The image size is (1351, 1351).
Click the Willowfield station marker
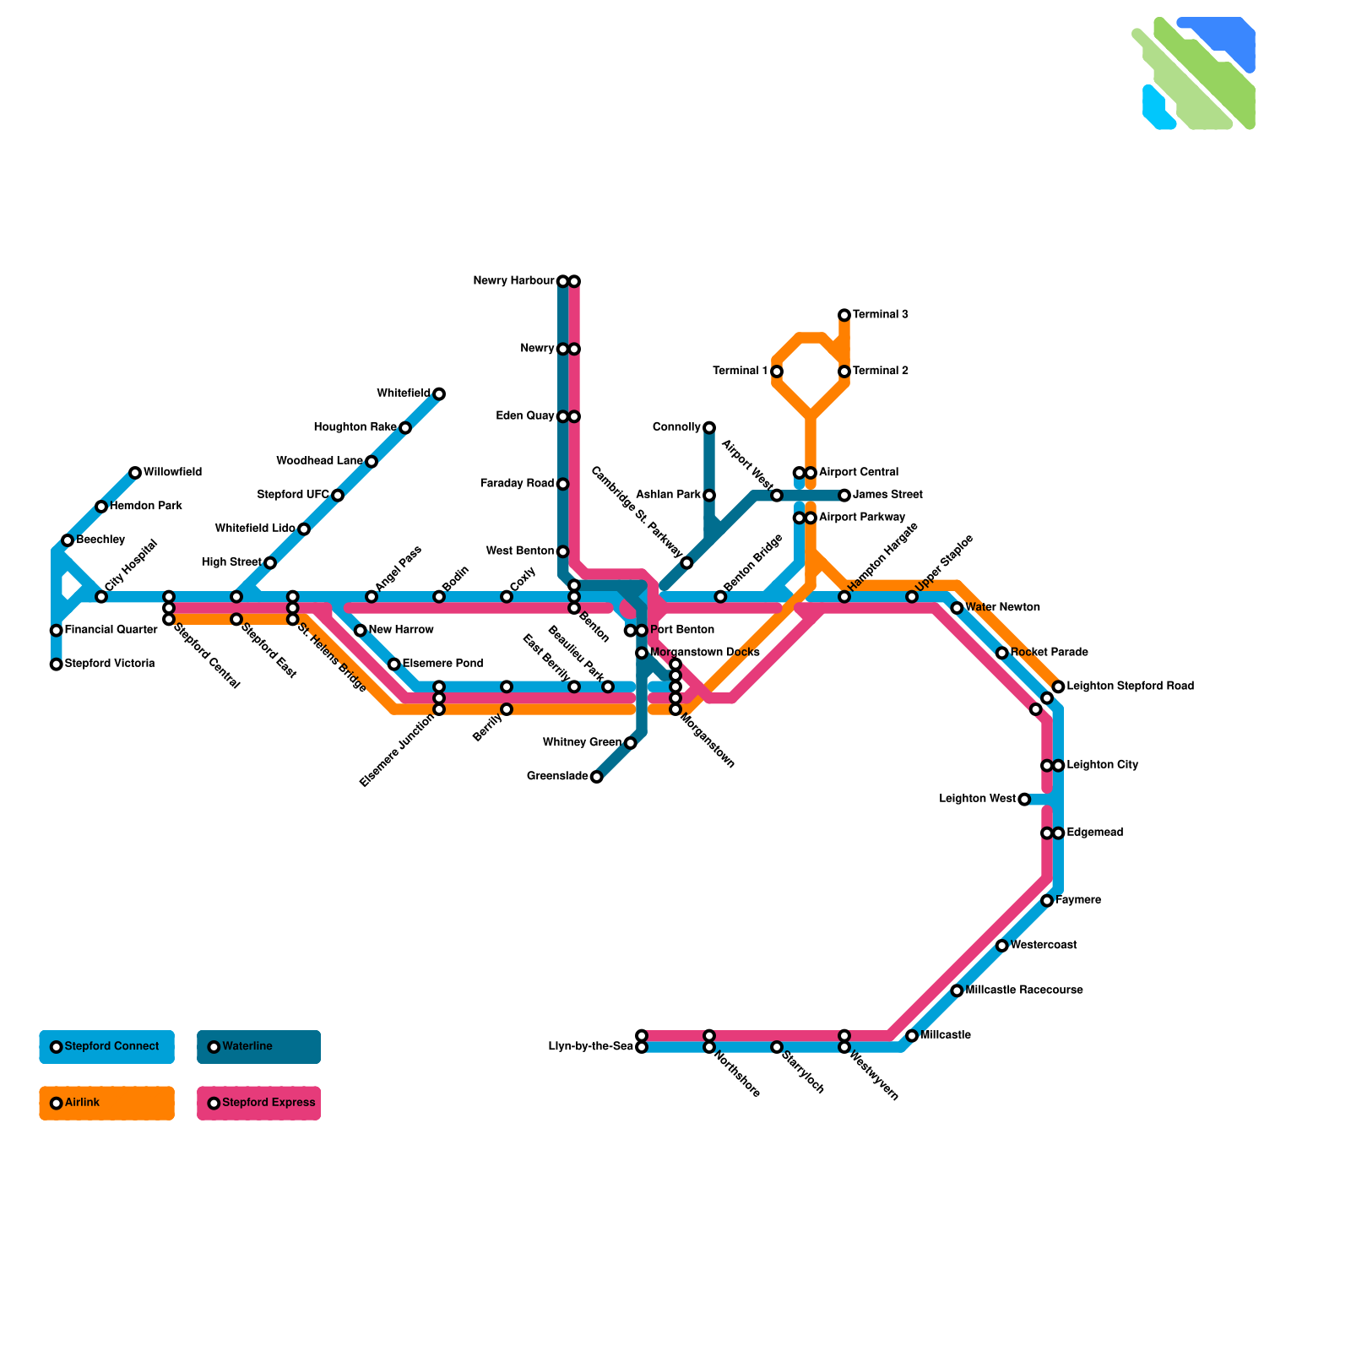[x=135, y=473]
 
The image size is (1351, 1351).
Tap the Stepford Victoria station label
[x=109, y=664]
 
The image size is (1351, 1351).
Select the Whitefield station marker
[x=439, y=394]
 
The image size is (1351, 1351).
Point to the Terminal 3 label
[x=880, y=315]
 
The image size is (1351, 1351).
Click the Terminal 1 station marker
[x=777, y=372]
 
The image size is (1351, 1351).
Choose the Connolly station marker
[x=709, y=428]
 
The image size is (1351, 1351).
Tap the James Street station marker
[x=844, y=496]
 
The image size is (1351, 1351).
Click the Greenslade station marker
[x=597, y=777]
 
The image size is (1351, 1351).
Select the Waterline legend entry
[x=258, y=1047]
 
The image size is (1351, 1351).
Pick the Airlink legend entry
[x=106, y=1103]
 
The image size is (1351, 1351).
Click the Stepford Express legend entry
[x=258, y=1103]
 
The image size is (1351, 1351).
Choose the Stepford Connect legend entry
[x=106, y=1047]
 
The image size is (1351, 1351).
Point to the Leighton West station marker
[x=1024, y=800]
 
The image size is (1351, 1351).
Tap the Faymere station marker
[x=1047, y=901]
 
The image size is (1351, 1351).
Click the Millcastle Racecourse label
[x=1023, y=990]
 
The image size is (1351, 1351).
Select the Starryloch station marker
[x=777, y=1047]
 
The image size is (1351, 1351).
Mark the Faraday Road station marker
[x=563, y=484]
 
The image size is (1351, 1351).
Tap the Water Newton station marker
[x=957, y=608]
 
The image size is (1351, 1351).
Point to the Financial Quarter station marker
[x=57, y=631]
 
